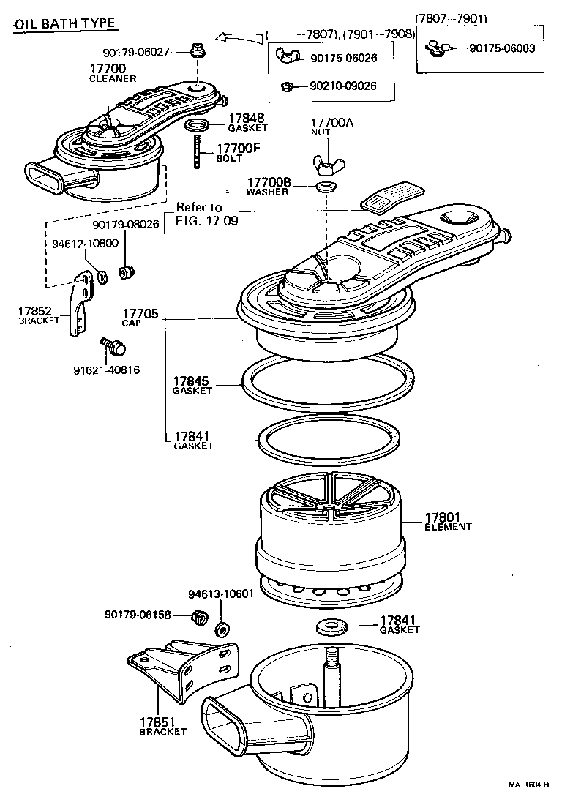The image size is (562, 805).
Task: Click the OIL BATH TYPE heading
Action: pyautogui.click(x=64, y=23)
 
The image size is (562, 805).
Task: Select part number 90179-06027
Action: pyautogui.click(x=136, y=51)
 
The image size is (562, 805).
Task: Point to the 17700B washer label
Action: pyautogui.click(x=269, y=186)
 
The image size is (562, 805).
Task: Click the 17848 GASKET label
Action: pyautogui.click(x=246, y=121)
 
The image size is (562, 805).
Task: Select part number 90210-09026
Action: pyautogui.click(x=343, y=86)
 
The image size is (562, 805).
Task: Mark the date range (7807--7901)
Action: pyautogui.click(x=452, y=18)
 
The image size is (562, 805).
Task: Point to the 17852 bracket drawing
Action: pyautogui.click(x=76, y=304)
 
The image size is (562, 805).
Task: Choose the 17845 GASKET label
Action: pyautogui.click(x=192, y=385)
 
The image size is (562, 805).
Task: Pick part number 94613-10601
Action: pyautogui.click(x=220, y=593)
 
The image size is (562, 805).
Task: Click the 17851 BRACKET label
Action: pyautogui.click(x=162, y=725)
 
